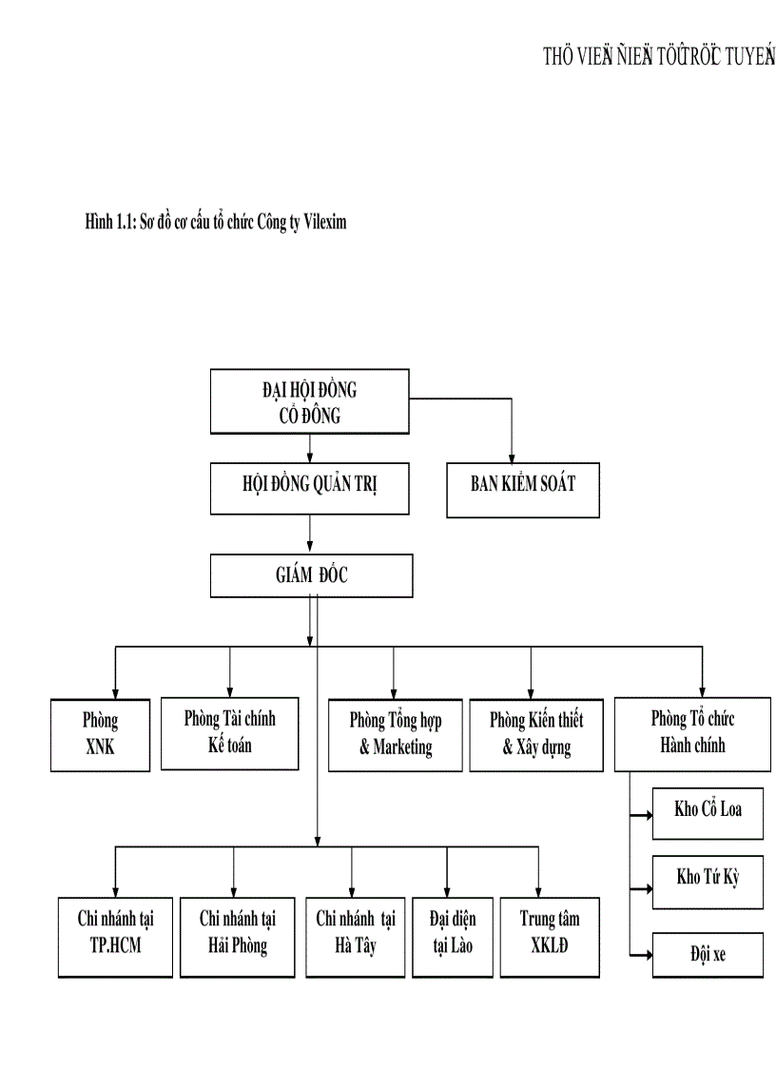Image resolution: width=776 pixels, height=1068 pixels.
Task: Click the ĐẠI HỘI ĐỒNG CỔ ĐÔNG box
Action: [310, 401]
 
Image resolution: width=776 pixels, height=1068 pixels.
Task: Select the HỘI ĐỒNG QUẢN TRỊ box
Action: [310, 489]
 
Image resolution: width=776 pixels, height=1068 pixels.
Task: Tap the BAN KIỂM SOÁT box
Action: [523, 489]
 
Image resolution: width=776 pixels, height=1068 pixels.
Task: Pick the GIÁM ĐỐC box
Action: [312, 575]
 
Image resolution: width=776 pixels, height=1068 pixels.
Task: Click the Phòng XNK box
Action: [100, 734]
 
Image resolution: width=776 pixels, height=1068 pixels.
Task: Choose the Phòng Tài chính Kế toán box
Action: [229, 732]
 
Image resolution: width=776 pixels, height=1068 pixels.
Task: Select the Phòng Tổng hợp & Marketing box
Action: [395, 734]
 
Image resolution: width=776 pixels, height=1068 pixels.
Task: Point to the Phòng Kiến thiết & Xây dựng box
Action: [536, 734]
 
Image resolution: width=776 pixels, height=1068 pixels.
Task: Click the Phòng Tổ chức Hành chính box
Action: [691, 732]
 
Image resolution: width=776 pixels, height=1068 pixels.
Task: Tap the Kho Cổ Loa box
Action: [708, 811]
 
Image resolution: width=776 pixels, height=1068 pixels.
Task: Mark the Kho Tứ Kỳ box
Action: [708, 878]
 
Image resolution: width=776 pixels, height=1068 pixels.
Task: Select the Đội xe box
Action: [708, 954]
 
